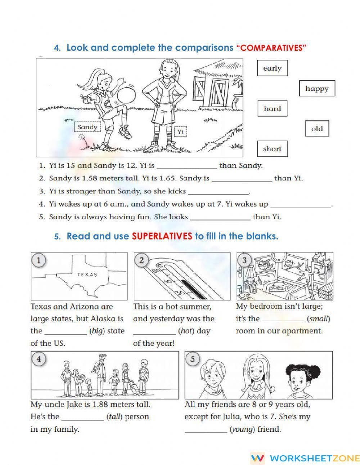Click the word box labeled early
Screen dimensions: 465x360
coord(272,68)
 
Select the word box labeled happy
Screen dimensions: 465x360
coord(317,89)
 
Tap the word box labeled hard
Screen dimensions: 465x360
coord(272,108)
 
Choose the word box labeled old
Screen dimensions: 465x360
coord(317,129)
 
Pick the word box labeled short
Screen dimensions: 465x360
coord(272,149)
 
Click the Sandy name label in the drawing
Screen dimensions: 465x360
coord(87,127)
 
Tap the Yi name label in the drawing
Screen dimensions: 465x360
coord(180,132)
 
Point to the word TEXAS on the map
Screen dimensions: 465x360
coord(87,274)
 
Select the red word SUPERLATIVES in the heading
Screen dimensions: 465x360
coord(162,236)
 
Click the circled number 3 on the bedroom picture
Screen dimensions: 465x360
coord(244,260)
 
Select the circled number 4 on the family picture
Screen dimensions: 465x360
coord(39,359)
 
